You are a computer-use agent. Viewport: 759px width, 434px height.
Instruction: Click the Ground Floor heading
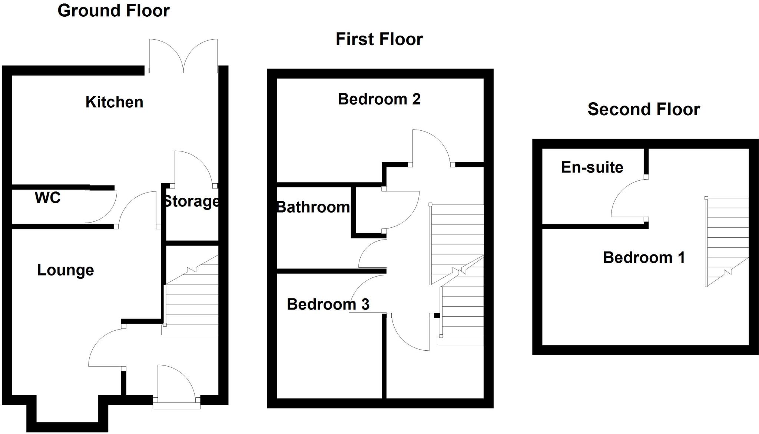[x=113, y=11]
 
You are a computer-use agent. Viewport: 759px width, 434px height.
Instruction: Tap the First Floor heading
[x=379, y=39]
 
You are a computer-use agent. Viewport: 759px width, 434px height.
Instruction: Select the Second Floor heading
[x=644, y=110]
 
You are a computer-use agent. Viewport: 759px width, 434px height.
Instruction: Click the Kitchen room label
[x=114, y=102]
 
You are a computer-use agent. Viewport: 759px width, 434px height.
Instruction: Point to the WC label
[x=47, y=198]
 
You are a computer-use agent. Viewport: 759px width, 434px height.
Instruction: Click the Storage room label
[x=191, y=201]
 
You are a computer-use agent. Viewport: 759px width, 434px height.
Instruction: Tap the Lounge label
[x=66, y=270]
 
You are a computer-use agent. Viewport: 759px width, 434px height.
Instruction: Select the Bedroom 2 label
[x=379, y=99]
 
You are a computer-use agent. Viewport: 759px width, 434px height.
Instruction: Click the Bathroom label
[x=314, y=207]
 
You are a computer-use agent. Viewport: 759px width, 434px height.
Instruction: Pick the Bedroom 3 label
[x=328, y=304]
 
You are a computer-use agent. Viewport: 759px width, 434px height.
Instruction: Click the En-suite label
[x=592, y=167]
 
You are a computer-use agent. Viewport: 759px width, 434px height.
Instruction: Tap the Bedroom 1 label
[x=644, y=258]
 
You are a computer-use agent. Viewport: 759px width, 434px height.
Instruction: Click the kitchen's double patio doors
[x=183, y=56]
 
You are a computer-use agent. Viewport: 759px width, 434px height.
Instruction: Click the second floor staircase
[x=726, y=241]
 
